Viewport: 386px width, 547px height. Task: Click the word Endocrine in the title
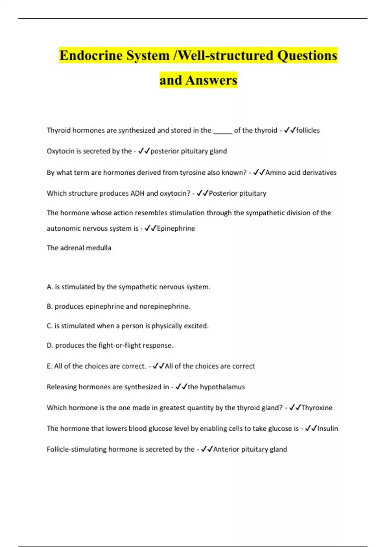91,55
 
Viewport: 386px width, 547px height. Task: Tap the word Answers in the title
211,80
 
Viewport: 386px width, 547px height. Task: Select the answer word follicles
308,130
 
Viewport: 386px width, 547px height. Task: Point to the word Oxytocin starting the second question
60,151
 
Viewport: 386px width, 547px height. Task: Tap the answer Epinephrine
176,228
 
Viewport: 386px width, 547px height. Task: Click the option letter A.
50,287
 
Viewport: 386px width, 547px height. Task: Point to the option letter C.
50,326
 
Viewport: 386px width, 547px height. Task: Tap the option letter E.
49,366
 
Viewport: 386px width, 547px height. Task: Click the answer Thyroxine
317,408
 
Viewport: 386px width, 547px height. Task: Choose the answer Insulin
328,429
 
